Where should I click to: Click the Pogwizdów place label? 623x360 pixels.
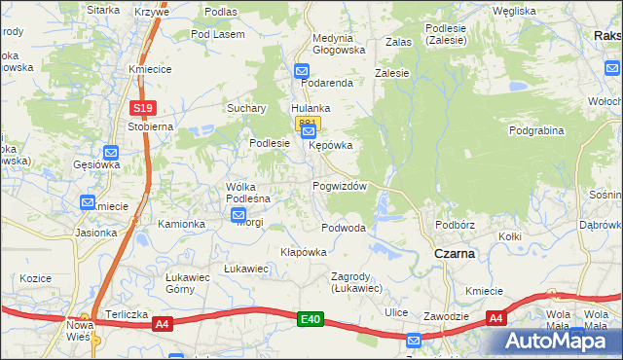340,186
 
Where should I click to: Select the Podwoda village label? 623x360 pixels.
344,228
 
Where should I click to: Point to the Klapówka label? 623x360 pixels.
303,251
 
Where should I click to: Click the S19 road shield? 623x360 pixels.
142,107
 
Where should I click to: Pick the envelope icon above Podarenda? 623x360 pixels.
302,71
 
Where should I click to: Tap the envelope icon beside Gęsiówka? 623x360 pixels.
111,152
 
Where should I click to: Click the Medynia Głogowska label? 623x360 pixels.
339,44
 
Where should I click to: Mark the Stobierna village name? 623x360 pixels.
149,126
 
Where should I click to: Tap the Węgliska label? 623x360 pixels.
515,11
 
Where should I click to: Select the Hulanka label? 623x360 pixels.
311,108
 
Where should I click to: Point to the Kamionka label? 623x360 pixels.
182,224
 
